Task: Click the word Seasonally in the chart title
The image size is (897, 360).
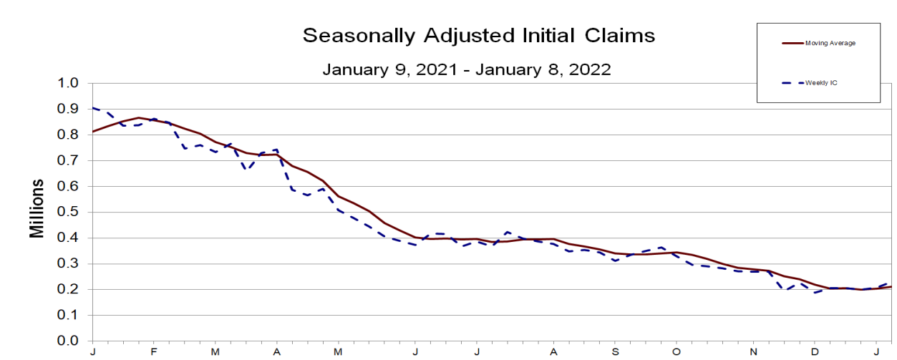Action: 359,36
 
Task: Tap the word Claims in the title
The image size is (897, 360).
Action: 619,35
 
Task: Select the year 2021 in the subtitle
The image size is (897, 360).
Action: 437,69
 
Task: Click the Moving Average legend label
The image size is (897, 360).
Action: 830,43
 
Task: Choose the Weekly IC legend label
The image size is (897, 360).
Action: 821,83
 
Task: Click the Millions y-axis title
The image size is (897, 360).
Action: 37,209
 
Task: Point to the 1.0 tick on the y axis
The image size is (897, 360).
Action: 68,83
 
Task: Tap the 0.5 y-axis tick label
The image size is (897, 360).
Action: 68,212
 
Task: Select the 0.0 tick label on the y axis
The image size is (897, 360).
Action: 68,341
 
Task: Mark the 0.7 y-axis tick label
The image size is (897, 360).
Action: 68,160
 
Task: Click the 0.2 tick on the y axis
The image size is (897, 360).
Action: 68,289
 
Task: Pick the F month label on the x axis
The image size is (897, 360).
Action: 154,352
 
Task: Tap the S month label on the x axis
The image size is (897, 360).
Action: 615,352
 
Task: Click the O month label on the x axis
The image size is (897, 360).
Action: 677,352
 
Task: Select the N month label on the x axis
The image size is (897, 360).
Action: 753,352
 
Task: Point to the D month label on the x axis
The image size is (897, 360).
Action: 815,352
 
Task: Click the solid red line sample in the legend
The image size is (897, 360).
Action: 793,43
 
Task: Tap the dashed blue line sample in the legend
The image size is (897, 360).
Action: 793,83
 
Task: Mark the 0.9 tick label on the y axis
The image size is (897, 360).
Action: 68,109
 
